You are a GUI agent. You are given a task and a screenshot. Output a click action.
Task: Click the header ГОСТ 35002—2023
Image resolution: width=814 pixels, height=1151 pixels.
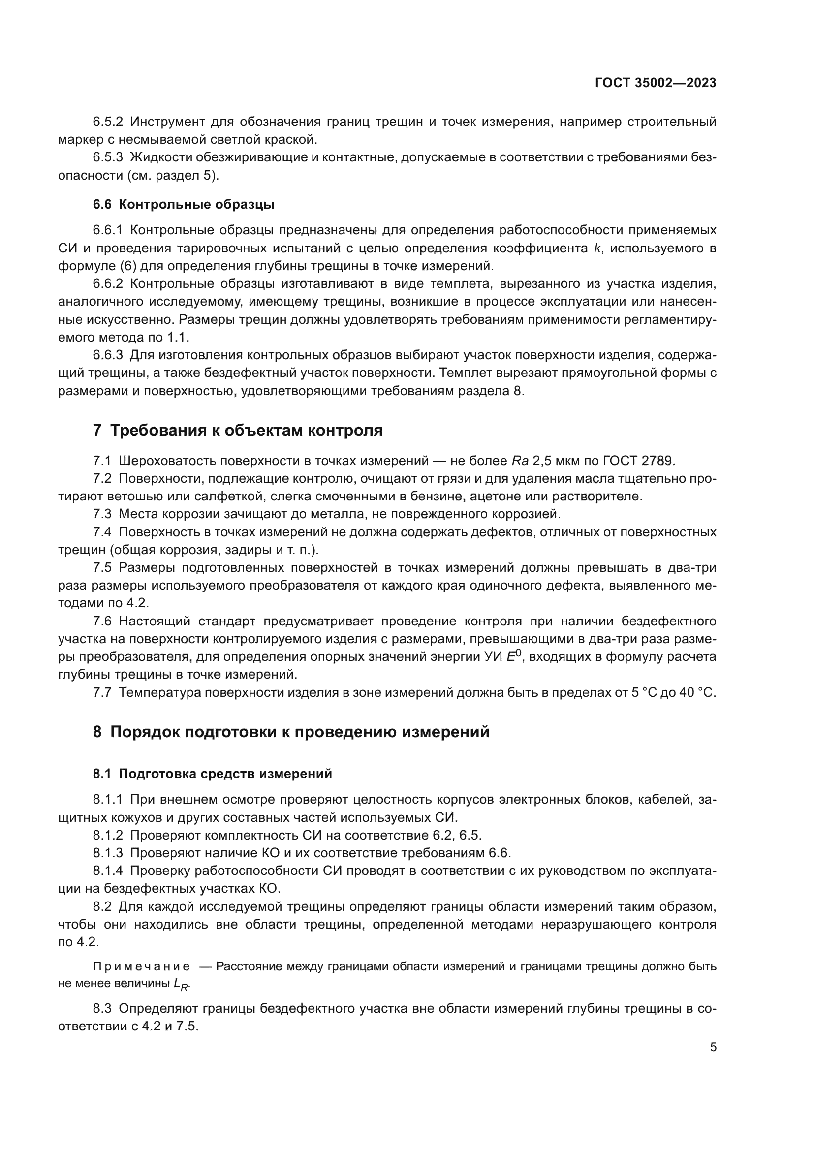[655, 83]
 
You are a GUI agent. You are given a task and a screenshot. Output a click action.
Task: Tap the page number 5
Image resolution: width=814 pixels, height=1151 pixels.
[713, 1047]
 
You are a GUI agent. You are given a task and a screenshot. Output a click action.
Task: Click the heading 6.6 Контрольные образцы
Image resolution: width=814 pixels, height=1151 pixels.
[184, 205]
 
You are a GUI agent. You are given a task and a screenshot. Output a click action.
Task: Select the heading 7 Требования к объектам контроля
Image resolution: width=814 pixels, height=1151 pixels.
[238, 430]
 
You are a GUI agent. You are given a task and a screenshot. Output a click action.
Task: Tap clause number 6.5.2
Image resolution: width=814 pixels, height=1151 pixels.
[108, 122]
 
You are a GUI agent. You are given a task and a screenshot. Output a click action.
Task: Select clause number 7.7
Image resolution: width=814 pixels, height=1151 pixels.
[102, 692]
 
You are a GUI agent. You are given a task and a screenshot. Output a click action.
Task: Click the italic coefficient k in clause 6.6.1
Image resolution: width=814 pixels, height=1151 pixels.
[596, 248]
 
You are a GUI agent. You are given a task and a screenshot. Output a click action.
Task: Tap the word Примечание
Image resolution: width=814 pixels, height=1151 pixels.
[141, 966]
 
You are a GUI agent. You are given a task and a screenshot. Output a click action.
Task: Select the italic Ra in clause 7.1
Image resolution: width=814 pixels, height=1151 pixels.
[517, 461]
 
